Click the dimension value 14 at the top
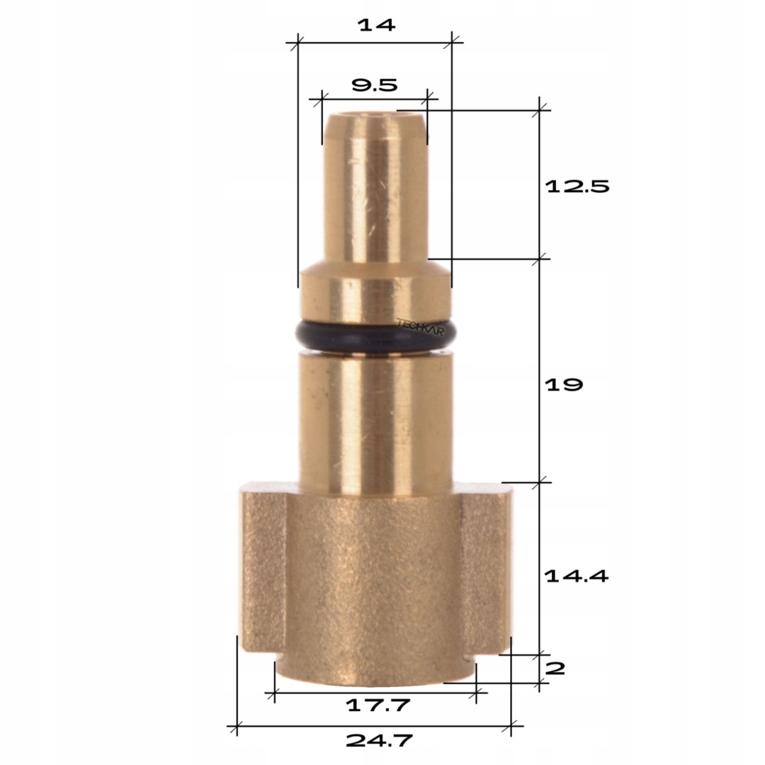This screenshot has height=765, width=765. point(375,25)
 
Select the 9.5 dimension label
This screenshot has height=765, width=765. point(375,86)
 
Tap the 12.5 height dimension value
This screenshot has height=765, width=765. point(577,187)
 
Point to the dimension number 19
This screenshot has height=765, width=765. point(564,385)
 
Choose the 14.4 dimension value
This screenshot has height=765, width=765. point(577,576)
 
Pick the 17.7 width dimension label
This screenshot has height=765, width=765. point(378,705)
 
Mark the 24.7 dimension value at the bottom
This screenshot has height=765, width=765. point(379,741)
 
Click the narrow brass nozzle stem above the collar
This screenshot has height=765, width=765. point(375,191)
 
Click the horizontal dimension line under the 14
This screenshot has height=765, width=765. point(375,42)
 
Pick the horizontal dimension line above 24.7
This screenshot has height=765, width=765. point(374,725)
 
